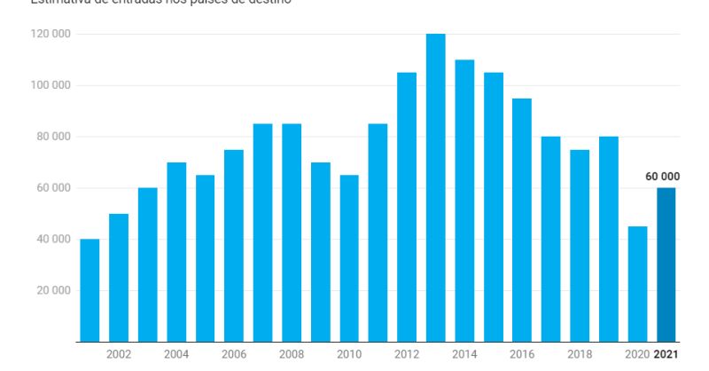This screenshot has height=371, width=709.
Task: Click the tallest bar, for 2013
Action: click(x=435, y=187)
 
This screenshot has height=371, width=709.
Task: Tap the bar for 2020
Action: click(x=637, y=284)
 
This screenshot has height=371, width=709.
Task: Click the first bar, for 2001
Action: click(x=90, y=290)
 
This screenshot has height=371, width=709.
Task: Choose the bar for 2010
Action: click(x=349, y=258)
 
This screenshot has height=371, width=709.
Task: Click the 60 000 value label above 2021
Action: click(x=661, y=177)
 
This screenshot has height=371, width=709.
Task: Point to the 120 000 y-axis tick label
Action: click(x=51, y=34)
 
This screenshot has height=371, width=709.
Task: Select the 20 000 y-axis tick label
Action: click(x=53, y=290)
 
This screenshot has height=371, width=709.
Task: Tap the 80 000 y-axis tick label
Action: click(x=53, y=137)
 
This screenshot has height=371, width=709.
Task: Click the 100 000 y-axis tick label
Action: click(x=51, y=85)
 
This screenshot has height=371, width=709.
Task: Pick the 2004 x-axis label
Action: click(x=175, y=354)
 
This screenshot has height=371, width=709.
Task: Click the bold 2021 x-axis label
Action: click(x=666, y=354)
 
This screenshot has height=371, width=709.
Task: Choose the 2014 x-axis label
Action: click(x=464, y=354)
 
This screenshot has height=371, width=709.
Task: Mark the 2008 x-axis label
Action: click(x=291, y=354)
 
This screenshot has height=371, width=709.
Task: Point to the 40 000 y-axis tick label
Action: click(x=53, y=239)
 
